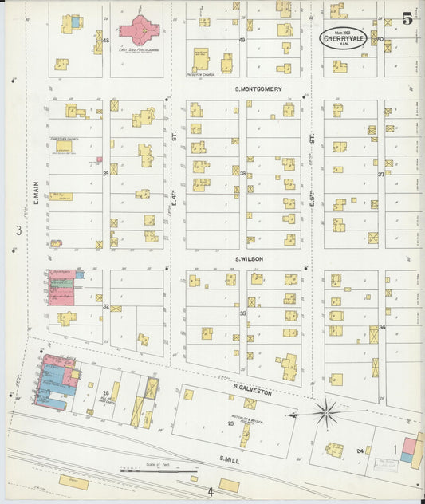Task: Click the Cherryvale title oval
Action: tap(344, 37)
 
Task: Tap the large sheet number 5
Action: tap(407, 19)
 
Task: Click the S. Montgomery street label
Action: tap(258, 89)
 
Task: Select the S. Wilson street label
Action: tap(249, 258)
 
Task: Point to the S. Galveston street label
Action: tap(253, 392)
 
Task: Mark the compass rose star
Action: tap(325, 413)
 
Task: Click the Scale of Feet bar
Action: tap(148, 471)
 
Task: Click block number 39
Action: tap(105, 172)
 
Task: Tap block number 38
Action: tap(242, 172)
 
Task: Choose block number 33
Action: tap(242, 313)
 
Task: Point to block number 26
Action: tap(105, 392)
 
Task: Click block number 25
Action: tap(231, 423)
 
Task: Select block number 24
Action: tap(360, 451)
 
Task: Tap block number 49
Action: tap(242, 39)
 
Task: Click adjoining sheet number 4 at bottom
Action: tap(211, 492)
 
